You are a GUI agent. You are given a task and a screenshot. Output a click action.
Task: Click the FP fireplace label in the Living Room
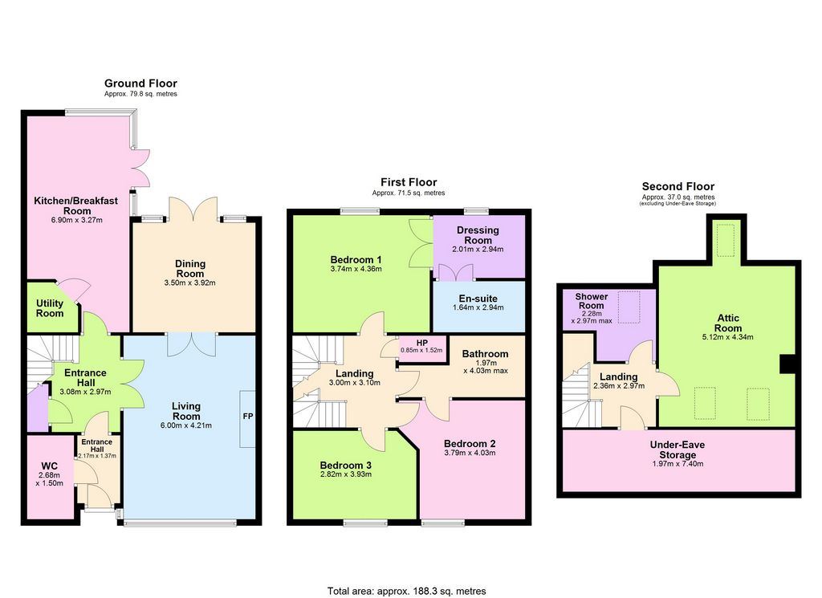point(248,416)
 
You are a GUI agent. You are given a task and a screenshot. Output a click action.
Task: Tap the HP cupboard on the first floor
point(422,349)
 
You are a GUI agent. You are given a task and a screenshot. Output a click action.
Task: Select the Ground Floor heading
point(140,83)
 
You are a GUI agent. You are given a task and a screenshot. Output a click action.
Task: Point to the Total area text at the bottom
point(406,592)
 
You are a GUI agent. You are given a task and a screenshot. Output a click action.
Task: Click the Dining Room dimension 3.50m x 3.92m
point(189,283)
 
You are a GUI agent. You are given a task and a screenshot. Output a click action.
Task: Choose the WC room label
point(49,466)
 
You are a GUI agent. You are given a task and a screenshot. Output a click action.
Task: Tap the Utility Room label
point(50,308)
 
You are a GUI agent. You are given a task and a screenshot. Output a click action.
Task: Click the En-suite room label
point(478,299)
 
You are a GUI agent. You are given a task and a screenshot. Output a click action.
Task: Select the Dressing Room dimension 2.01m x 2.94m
point(478,250)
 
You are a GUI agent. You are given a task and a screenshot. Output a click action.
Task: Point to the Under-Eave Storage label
point(678,450)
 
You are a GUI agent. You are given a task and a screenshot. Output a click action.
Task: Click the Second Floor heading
point(678,186)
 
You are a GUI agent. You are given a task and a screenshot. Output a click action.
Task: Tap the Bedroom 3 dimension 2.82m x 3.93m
point(345,474)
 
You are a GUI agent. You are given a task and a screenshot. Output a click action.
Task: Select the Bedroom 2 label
point(469,443)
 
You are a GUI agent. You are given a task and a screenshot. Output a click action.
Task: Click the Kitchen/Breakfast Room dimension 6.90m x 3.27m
point(76,220)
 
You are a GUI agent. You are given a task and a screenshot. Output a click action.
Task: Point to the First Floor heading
point(409,182)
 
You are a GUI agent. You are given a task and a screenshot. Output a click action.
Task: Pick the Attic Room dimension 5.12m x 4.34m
point(727,337)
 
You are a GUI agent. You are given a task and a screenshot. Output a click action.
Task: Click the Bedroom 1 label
point(356,259)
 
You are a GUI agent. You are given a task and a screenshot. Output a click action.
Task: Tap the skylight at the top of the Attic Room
point(726,240)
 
